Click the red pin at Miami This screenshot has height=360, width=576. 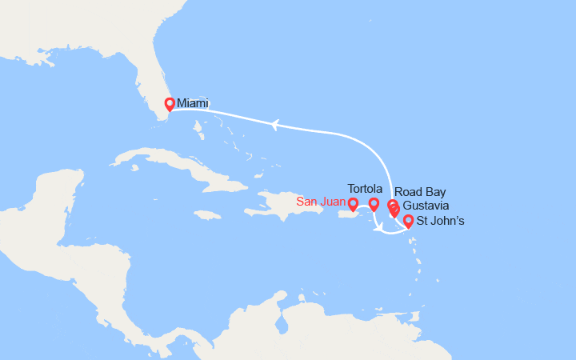coord(169,104)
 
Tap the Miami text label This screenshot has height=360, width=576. coord(193,103)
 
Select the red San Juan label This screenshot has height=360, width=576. coord(320,202)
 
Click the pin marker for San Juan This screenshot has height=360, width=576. coord(354,205)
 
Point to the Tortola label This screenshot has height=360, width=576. coord(366,187)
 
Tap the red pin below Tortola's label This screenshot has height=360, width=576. coord(374,205)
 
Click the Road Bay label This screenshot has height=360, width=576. coord(420,192)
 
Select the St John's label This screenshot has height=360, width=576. coord(440,221)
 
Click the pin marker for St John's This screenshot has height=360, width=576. coord(408,222)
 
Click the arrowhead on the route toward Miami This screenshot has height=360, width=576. coord(274,124)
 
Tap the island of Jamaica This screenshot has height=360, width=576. coord(207,214)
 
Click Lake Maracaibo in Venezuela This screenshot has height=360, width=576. coord(281,323)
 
